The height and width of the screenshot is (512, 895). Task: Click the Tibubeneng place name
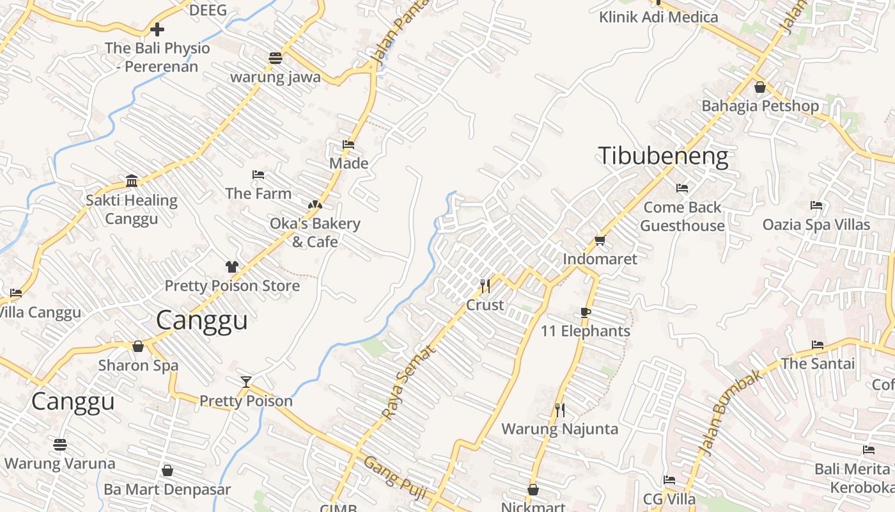(663, 157)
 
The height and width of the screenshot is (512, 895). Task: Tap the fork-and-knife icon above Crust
(485, 285)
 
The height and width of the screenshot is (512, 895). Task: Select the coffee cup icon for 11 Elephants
(585, 312)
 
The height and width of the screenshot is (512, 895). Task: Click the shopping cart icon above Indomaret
(600, 241)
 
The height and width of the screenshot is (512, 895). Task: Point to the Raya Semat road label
(409, 382)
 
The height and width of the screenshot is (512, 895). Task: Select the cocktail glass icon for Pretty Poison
(246, 382)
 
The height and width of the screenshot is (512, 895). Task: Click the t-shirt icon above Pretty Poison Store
(231, 267)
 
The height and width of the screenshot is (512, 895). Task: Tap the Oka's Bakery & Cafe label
(315, 232)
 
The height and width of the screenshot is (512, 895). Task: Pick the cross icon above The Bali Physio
(157, 29)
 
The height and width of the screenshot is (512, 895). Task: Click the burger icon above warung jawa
(276, 58)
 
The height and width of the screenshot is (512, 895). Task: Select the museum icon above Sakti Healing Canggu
(132, 181)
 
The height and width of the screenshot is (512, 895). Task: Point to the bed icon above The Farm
(258, 174)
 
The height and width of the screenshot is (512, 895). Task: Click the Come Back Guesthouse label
(682, 216)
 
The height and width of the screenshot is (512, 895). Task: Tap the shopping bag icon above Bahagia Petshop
(760, 87)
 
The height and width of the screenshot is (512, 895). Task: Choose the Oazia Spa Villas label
(816, 225)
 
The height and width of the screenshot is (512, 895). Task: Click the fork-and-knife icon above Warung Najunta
(560, 410)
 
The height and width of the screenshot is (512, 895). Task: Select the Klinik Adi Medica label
(658, 17)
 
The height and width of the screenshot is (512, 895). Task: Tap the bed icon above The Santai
(818, 345)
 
